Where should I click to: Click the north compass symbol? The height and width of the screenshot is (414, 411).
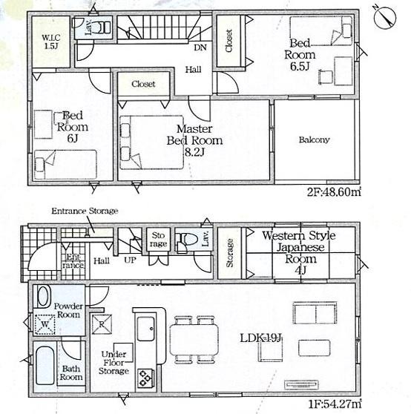pos(385,17)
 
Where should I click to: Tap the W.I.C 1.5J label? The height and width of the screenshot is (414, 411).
pos(51,42)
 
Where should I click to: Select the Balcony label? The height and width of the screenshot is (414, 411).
pos(314,139)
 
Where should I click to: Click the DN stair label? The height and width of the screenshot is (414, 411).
pos(200,47)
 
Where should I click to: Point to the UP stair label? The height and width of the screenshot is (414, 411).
pos(130,260)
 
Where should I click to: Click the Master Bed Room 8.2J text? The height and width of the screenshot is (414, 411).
pos(194,140)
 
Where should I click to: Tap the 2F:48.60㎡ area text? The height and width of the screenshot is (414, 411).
pos(334,191)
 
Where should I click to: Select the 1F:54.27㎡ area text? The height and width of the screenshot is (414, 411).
pos(335,404)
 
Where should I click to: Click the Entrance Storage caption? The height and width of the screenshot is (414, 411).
pos(85,211)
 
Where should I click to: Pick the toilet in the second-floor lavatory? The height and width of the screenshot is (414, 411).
pos(105,27)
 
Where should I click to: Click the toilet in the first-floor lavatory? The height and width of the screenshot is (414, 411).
pos(187,240)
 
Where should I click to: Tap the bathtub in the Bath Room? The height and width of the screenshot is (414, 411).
pos(45,366)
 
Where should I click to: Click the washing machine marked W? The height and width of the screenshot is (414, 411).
pos(45,324)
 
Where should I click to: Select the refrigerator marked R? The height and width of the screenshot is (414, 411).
pos(102,324)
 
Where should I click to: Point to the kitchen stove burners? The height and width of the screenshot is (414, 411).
pos(145,378)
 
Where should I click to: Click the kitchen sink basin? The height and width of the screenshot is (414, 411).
pos(145,329)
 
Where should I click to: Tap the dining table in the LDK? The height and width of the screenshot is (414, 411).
pos(194,340)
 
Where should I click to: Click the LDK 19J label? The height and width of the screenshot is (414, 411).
pos(261,338)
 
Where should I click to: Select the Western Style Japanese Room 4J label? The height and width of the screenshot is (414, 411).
pos(299,253)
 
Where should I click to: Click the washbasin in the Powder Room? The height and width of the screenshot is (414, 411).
pos(44,296)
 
